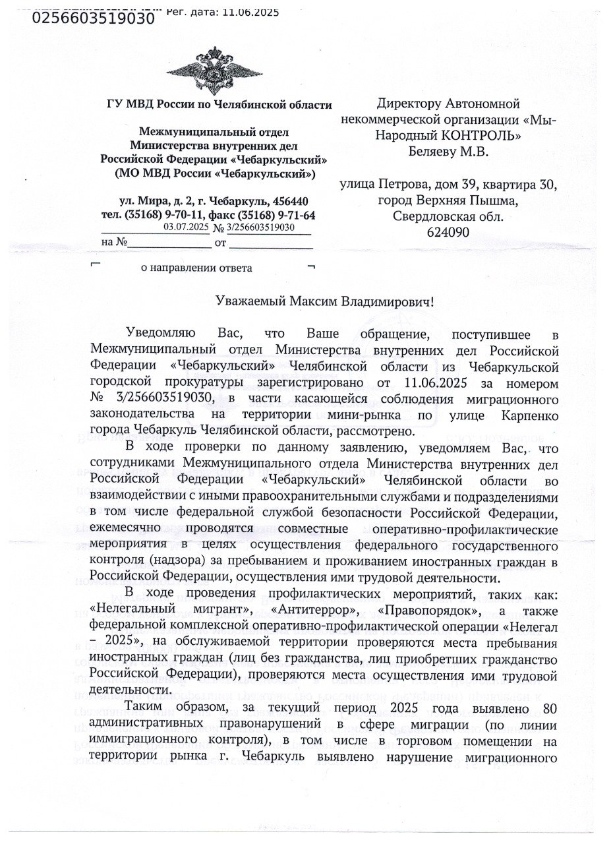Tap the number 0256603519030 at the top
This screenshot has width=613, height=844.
[x=93, y=18]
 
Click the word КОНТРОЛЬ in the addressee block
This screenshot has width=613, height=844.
[x=485, y=136]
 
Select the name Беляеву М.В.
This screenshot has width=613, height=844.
[x=448, y=152]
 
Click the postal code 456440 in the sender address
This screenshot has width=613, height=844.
[x=289, y=200]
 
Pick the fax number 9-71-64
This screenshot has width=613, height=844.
[x=295, y=215]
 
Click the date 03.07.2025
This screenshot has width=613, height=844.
[x=185, y=227]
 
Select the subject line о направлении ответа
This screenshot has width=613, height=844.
[x=196, y=268]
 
